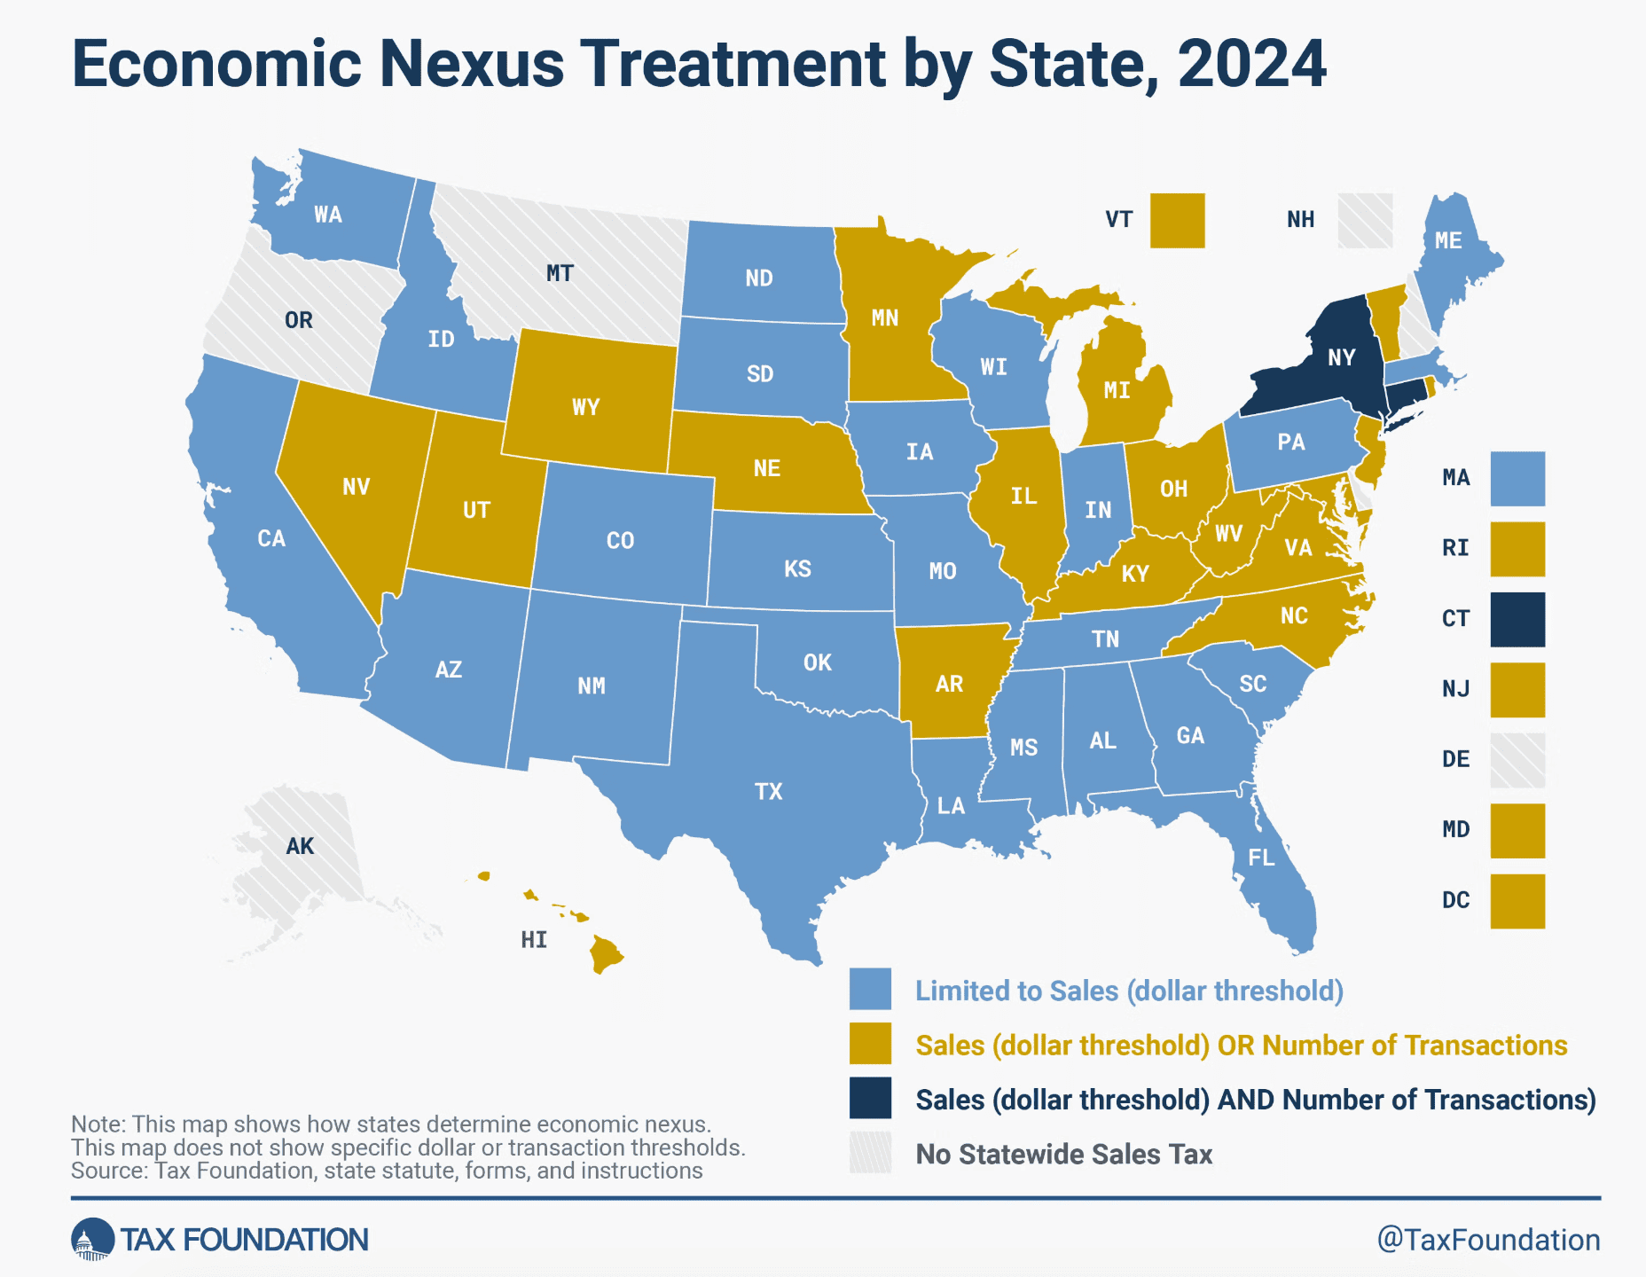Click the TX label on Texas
point(768,791)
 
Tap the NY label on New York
point(1341,357)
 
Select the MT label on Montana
point(560,273)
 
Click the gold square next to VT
point(1177,221)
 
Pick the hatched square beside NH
point(1365,221)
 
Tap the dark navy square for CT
point(1517,619)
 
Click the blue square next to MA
point(1517,479)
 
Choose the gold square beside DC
point(1517,901)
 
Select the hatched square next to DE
point(1517,760)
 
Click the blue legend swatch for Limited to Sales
point(870,990)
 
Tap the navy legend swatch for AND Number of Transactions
point(870,1098)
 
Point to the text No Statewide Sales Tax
point(1063,1154)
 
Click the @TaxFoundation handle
point(1488,1239)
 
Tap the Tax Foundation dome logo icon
point(92,1239)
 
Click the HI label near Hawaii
point(534,940)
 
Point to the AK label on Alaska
point(300,846)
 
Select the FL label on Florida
point(1260,858)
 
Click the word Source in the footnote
point(108,1171)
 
